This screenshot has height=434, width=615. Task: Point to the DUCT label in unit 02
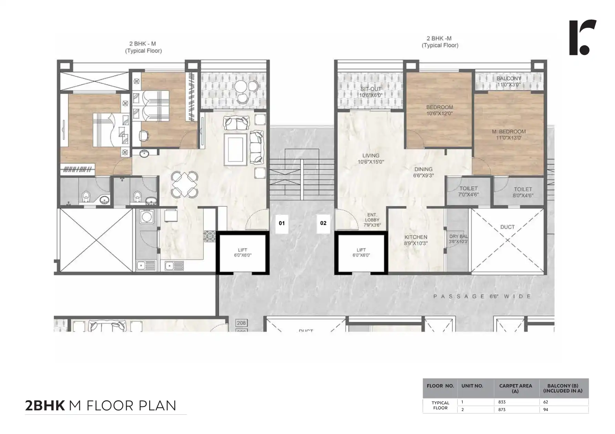pyautogui.click(x=507, y=227)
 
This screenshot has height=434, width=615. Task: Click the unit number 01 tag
pyautogui.click(x=282, y=223)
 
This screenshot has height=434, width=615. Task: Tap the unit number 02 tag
pyautogui.click(x=323, y=223)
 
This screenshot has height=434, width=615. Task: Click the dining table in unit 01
pyautogui.click(x=185, y=185)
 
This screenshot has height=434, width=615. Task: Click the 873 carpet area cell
pyautogui.click(x=502, y=410)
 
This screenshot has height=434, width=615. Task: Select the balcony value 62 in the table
pyautogui.click(x=545, y=402)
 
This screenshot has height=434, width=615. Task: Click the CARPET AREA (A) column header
pyautogui.click(x=515, y=388)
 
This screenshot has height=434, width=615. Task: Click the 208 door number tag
pyautogui.click(x=241, y=323)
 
